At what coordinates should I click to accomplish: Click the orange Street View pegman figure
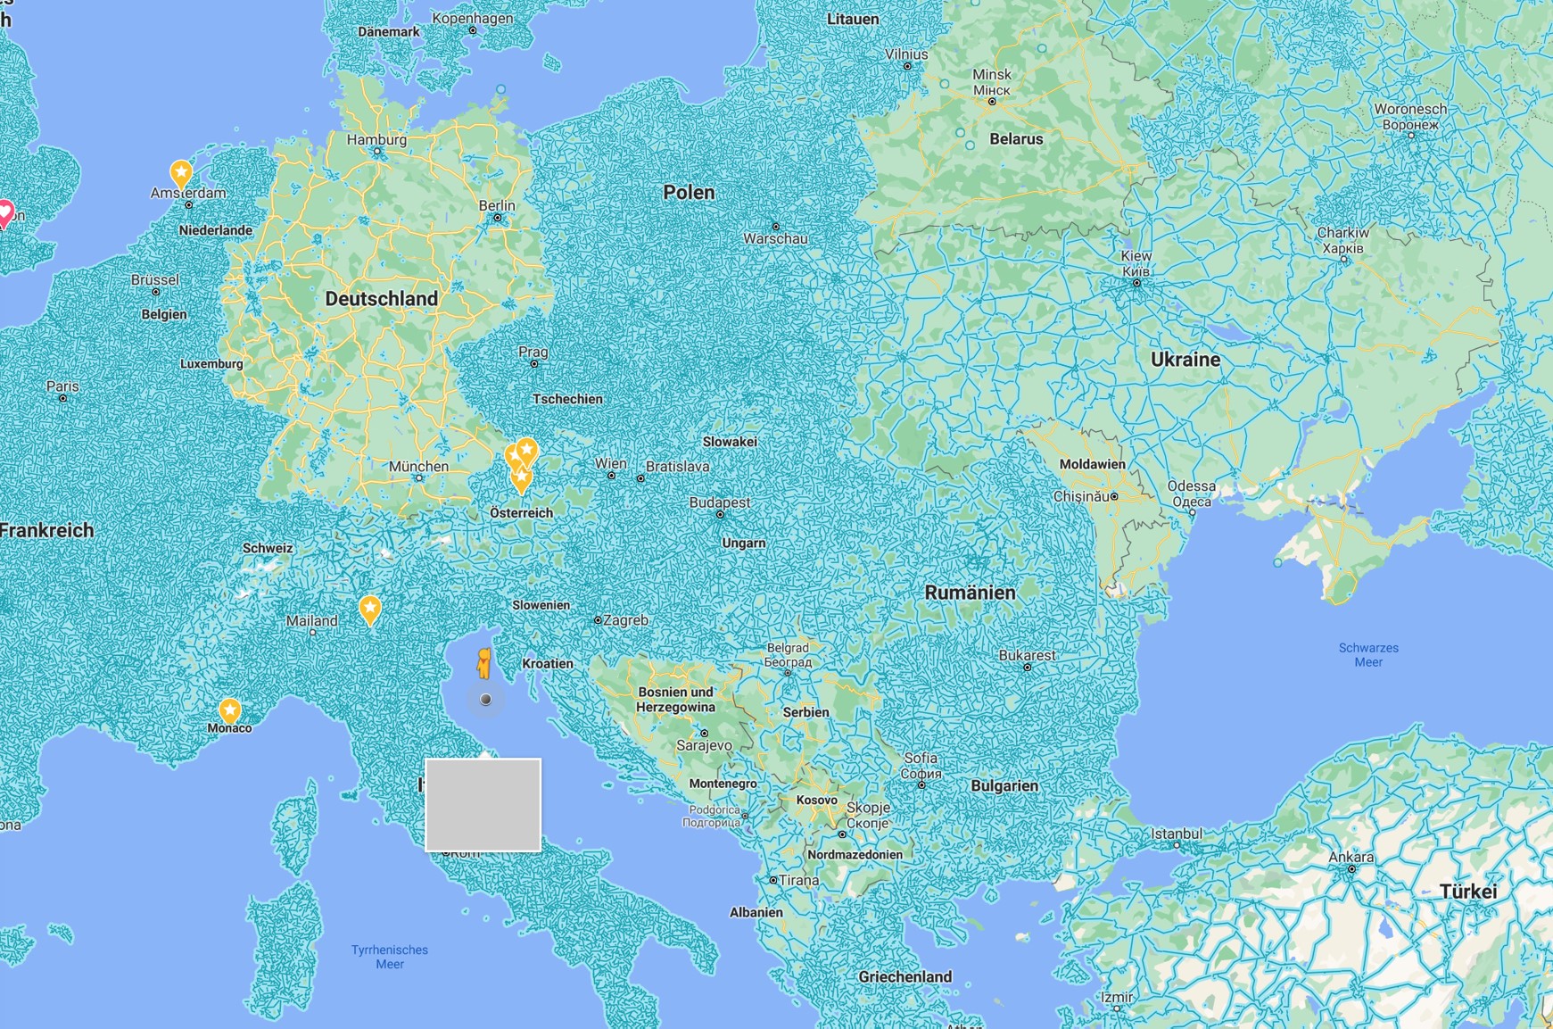(483, 664)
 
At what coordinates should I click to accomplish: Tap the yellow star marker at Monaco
(230, 710)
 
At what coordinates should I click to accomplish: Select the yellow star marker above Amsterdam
(181, 172)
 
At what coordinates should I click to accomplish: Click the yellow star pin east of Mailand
(370, 610)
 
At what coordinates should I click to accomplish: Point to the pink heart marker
(4, 212)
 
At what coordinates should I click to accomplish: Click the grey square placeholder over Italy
(483, 804)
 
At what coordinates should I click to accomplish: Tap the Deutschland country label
(381, 299)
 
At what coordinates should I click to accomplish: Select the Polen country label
(689, 192)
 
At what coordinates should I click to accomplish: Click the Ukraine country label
(1185, 360)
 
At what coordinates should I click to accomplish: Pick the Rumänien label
(970, 593)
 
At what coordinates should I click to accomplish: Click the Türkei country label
(1467, 892)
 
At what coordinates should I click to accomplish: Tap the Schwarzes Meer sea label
(1368, 655)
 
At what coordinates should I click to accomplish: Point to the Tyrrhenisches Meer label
(390, 957)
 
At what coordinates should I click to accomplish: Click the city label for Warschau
(775, 239)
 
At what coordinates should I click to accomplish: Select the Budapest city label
(720, 502)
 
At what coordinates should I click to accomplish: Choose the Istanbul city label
(1177, 834)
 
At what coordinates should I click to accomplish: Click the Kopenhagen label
(472, 18)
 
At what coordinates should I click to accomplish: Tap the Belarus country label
(1016, 139)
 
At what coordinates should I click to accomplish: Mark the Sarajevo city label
(704, 745)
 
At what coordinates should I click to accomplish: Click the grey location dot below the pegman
(486, 700)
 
